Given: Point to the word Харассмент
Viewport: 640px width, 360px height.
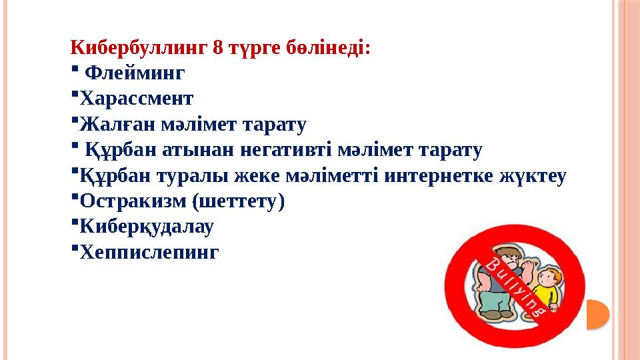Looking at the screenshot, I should click(x=136, y=99).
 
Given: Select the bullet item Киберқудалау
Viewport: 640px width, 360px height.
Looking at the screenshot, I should click(x=147, y=227).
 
